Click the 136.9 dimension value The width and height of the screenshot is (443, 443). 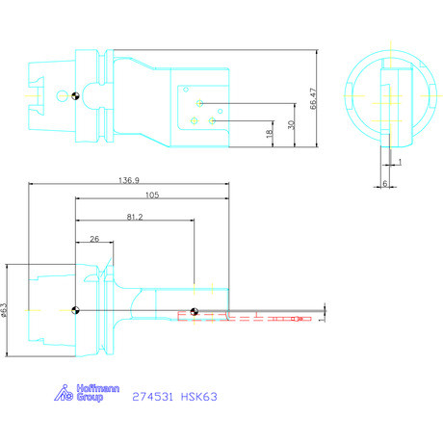tap(129, 180)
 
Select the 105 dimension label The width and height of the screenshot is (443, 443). tap(150, 195)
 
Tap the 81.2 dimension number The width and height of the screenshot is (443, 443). tap(135, 218)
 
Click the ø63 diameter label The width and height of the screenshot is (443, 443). tap(5, 309)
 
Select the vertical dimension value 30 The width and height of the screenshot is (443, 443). tap(291, 124)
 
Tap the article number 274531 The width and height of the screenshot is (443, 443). tap(152, 396)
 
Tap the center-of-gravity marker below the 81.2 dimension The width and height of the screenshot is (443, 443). tap(195, 311)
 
